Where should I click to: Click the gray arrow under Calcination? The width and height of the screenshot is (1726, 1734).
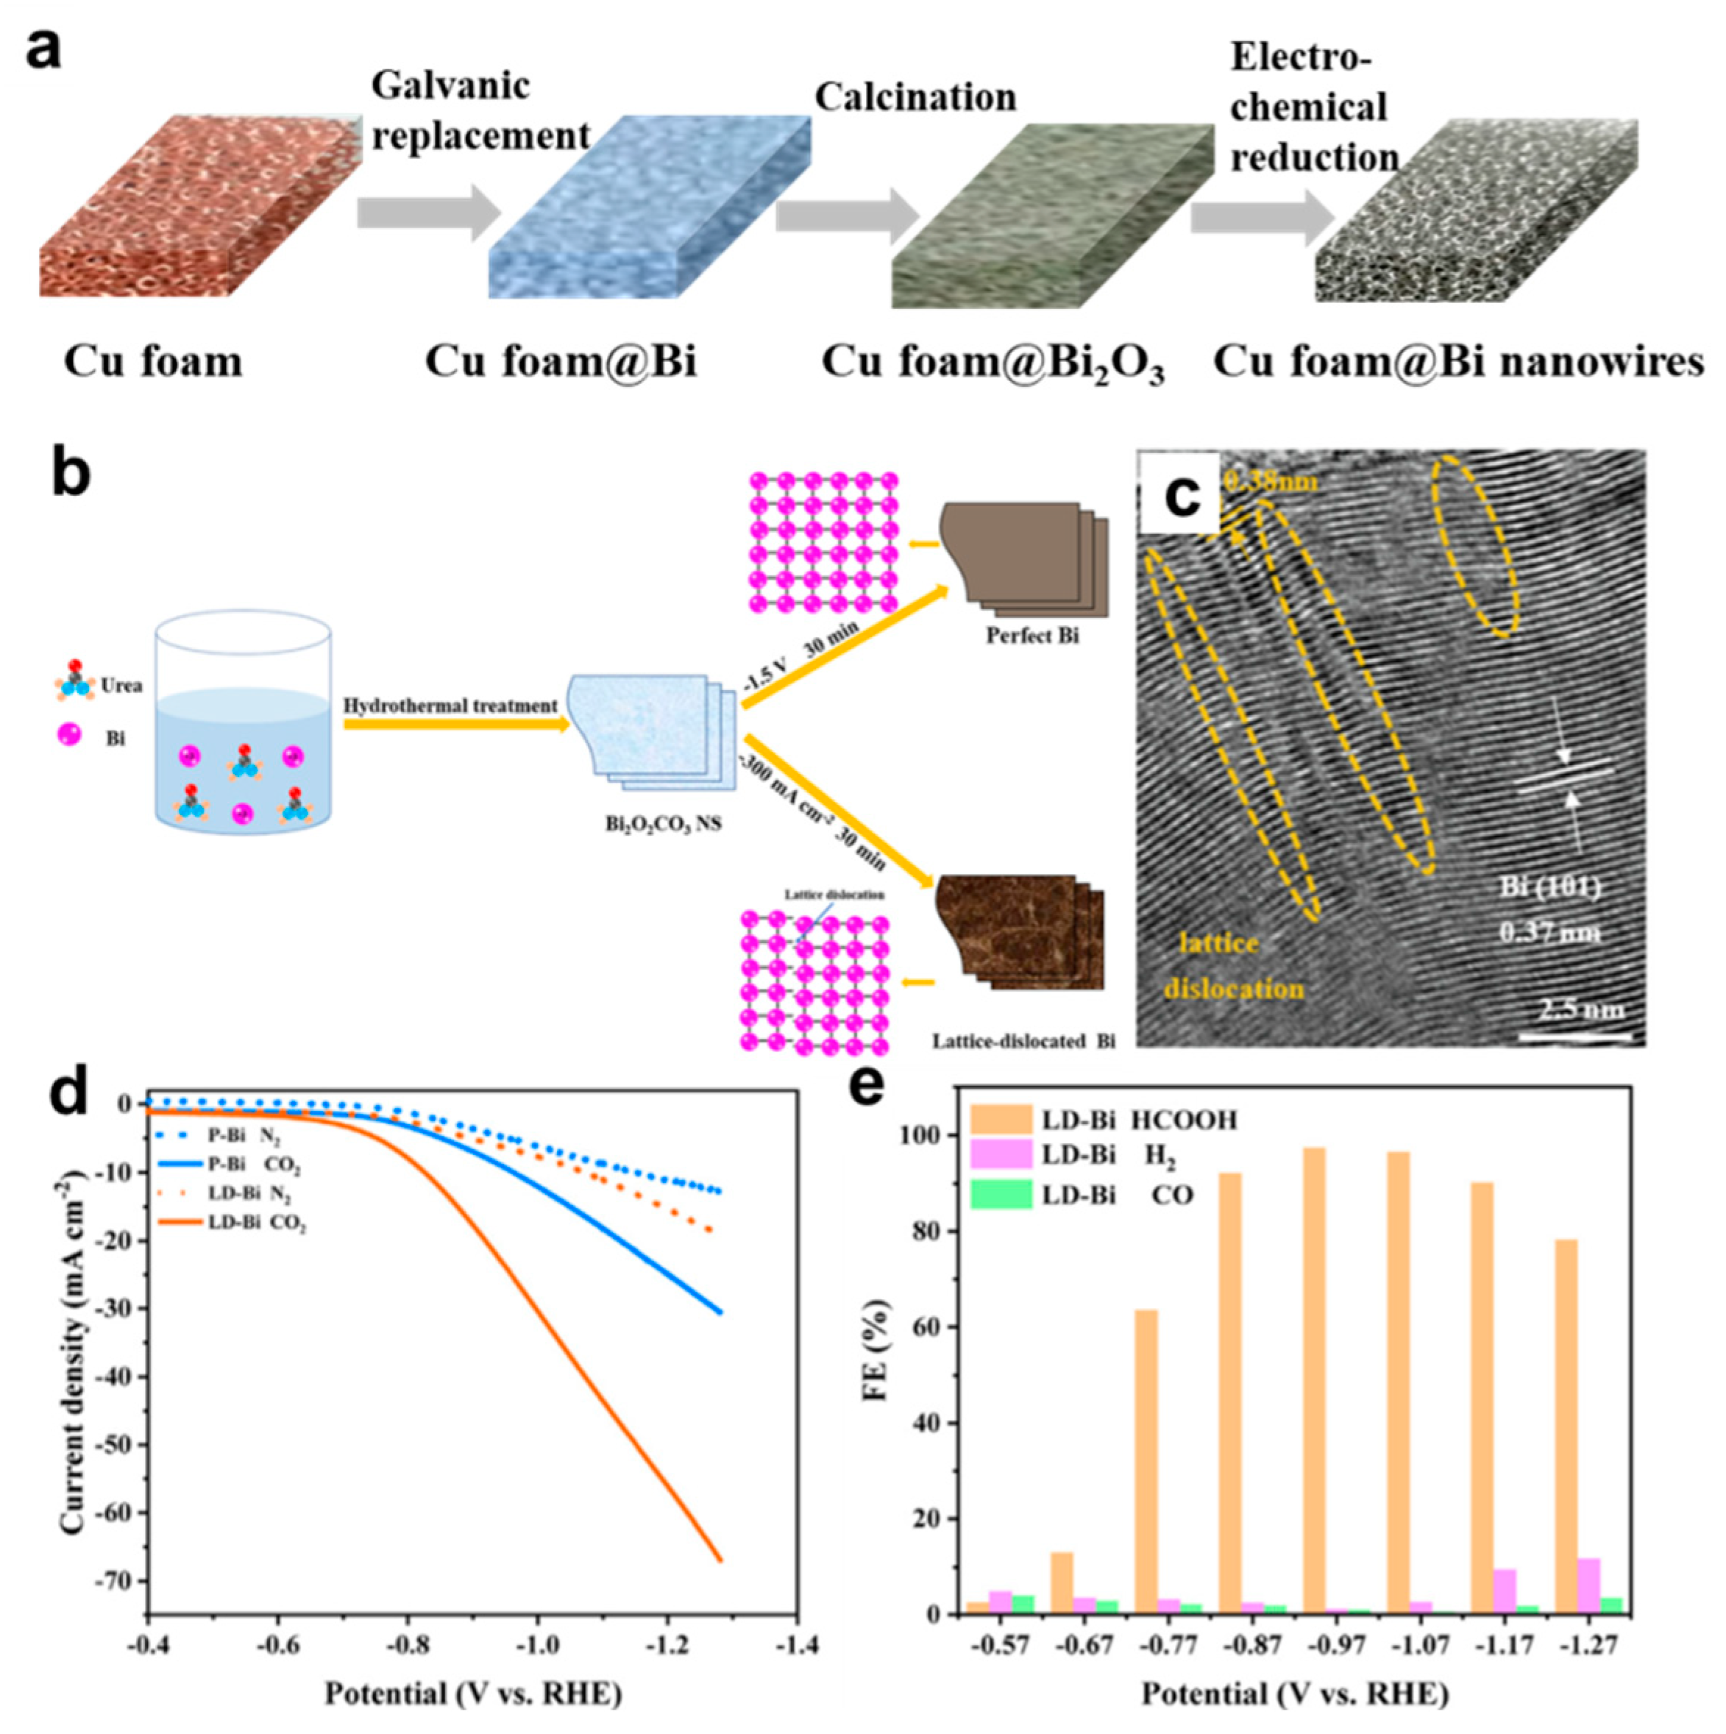[x=849, y=216]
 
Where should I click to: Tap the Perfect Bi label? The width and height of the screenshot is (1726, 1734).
[x=1032, y=636]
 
